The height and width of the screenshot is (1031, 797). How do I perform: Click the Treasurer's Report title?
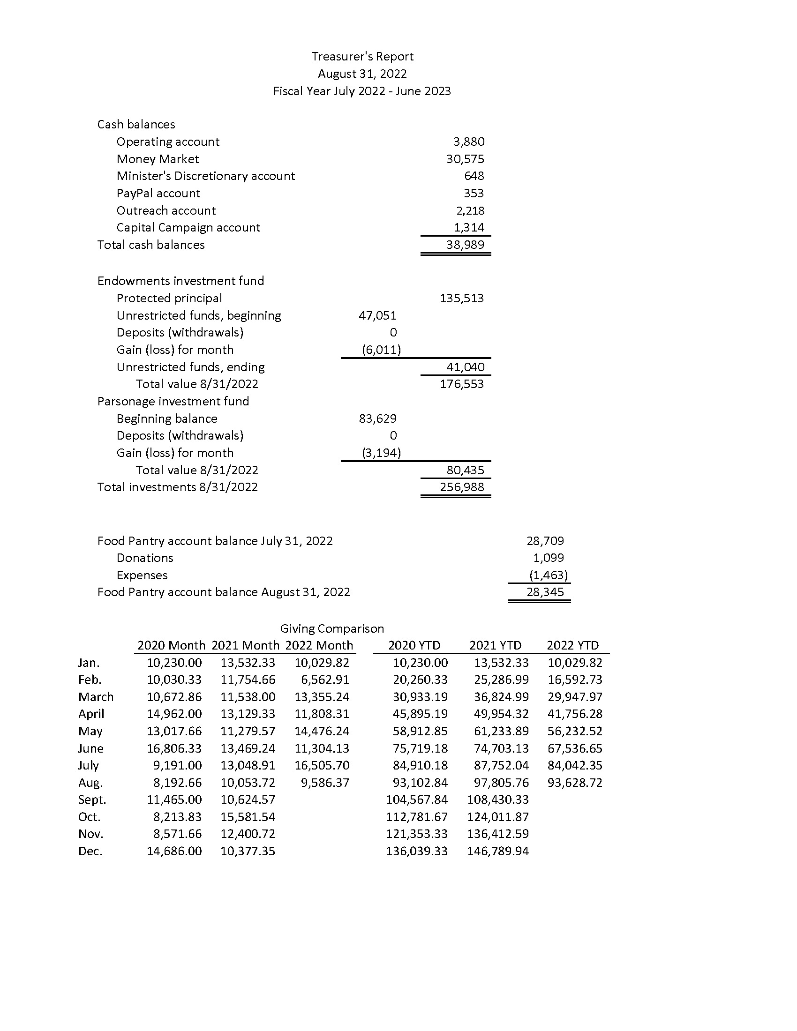362,57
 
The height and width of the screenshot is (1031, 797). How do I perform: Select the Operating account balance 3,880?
468,142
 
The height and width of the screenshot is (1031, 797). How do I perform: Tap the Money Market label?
158,159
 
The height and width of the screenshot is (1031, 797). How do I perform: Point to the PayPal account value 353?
474,193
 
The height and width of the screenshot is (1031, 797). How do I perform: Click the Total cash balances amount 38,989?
465,245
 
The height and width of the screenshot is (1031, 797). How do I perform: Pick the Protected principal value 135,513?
462,299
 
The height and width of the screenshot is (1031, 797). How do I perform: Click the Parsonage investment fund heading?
173,401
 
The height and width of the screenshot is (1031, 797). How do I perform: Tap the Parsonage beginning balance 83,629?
378,418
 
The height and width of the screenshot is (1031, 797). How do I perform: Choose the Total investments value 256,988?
462,487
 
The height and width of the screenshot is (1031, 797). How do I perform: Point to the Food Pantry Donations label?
145,558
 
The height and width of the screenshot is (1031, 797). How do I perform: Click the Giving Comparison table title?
332,629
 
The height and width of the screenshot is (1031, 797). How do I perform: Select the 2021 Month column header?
245,645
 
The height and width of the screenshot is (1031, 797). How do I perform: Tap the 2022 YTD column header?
572,645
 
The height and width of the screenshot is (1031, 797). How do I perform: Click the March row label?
96,697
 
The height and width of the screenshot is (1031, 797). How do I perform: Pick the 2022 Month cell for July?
322,765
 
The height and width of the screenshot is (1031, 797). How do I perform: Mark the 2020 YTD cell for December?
416,851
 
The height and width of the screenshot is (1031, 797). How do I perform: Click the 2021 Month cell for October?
248,817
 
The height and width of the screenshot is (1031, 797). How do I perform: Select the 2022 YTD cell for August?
575,783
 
